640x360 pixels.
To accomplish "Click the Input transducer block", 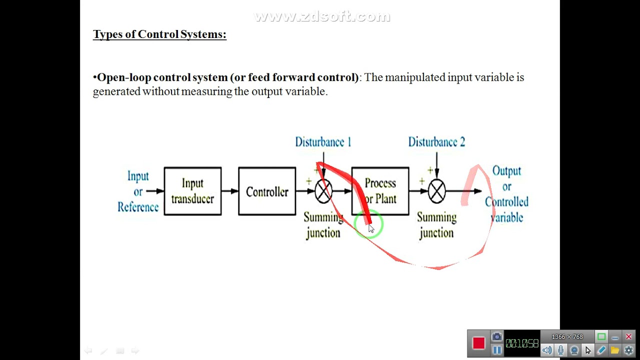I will pos(192,191).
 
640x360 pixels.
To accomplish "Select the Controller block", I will pos(267,191).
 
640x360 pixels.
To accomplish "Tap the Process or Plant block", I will pos(380,191).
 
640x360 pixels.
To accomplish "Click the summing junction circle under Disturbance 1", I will pos(323,191).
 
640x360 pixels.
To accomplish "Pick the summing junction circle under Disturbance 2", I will pos(436,191).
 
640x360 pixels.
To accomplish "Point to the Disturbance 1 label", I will pos(323,142).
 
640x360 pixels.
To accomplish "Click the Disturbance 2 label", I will pos(436,142).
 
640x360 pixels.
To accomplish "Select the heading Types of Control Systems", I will pos(159,34).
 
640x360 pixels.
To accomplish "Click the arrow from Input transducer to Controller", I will pos(229,191).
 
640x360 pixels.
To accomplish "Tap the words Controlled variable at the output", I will pos(506,209).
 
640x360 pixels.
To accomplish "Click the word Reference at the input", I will pos(138,207).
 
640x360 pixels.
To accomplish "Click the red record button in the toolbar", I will pos(478,343).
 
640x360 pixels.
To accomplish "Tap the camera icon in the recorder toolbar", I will pos(496,337).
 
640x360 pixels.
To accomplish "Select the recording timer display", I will pos(521,343).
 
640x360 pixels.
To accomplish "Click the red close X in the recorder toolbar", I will pos(628,337).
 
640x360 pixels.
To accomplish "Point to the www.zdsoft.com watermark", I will pos(322,17).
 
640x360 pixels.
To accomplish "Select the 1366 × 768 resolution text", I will pos(567,337).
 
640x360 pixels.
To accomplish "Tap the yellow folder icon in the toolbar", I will pos(615,350).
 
